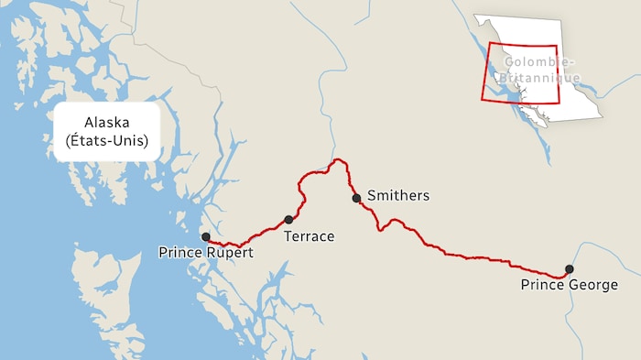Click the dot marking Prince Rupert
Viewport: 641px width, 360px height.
[x=205, y=236]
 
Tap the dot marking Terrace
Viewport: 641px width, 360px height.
[x=288, y=220]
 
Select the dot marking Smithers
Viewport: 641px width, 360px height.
[x=356, y=198]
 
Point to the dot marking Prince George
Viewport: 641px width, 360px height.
[x=569, y=269]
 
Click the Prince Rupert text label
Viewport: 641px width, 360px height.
[x=205, y=252]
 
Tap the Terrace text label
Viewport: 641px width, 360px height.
[x=309, y=236]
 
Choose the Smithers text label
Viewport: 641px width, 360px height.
[x=397, y=195]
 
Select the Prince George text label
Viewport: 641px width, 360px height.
[x=569, y=285]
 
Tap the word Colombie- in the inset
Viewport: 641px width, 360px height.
[x=538, y=62]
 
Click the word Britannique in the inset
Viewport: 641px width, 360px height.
[x=541, y=77]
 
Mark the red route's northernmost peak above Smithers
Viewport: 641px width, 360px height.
[x=339, y=160]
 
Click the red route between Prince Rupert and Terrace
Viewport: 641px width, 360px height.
[x=247, y=241]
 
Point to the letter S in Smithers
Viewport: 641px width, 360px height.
[x=371, y=195]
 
